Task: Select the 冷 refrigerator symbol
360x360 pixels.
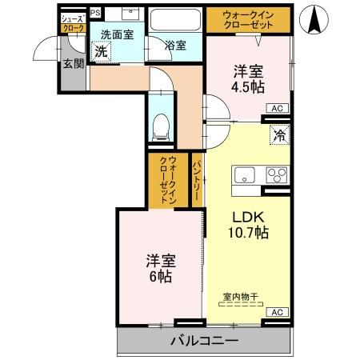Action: click(279, 135)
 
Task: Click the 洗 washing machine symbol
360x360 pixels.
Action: click(101, 51)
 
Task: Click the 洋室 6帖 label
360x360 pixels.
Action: click(160, 269)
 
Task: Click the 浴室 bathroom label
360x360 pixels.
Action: click(176, 46)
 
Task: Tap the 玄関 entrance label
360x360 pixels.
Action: click(74, 63)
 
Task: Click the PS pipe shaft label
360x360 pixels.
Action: click(95, 13)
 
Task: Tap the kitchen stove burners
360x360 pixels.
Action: click(277, 174)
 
